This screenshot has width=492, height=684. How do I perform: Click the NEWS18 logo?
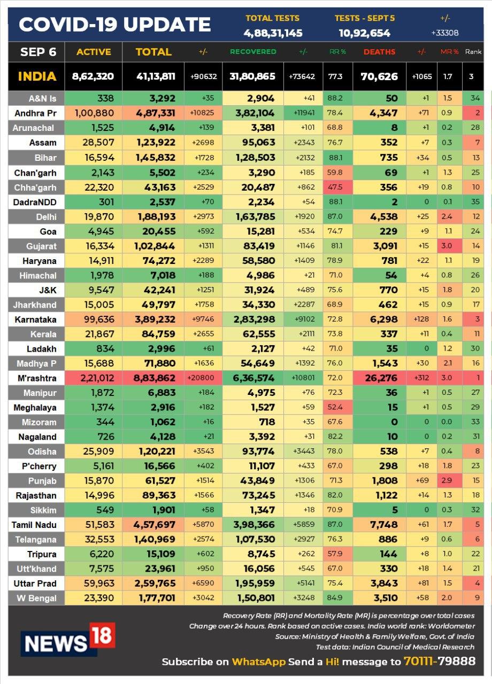[68, 639]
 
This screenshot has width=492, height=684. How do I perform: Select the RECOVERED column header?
[253, 52]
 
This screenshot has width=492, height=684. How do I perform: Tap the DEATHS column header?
[379, 52]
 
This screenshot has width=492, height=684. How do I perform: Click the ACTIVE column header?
[94, 52]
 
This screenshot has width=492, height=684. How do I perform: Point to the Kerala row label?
[43, 334]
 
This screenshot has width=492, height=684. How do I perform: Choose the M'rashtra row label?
[37, 378]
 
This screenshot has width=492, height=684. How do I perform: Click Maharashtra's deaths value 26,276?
[381, 378]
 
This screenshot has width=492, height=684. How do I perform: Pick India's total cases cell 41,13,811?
[156, 76]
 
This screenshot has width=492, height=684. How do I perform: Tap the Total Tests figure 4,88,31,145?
[273, 33]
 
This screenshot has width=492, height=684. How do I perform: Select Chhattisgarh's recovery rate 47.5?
[335, 187]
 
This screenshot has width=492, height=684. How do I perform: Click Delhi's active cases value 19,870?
[99, 216]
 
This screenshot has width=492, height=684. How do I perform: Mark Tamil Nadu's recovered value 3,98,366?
[253, 525]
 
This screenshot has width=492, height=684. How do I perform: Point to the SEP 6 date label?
[38, 52]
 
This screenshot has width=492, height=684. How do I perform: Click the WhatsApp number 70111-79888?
[440, 662]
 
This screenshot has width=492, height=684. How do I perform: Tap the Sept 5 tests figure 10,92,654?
[364, 33]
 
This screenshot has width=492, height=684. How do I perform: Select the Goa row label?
[48, 231]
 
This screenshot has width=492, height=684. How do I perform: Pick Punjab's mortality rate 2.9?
[447, 480]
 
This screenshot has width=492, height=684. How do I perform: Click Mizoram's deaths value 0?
[394, 422]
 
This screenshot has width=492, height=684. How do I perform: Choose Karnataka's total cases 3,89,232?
[155, 320]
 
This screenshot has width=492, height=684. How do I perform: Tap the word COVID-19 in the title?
[68, 25]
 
